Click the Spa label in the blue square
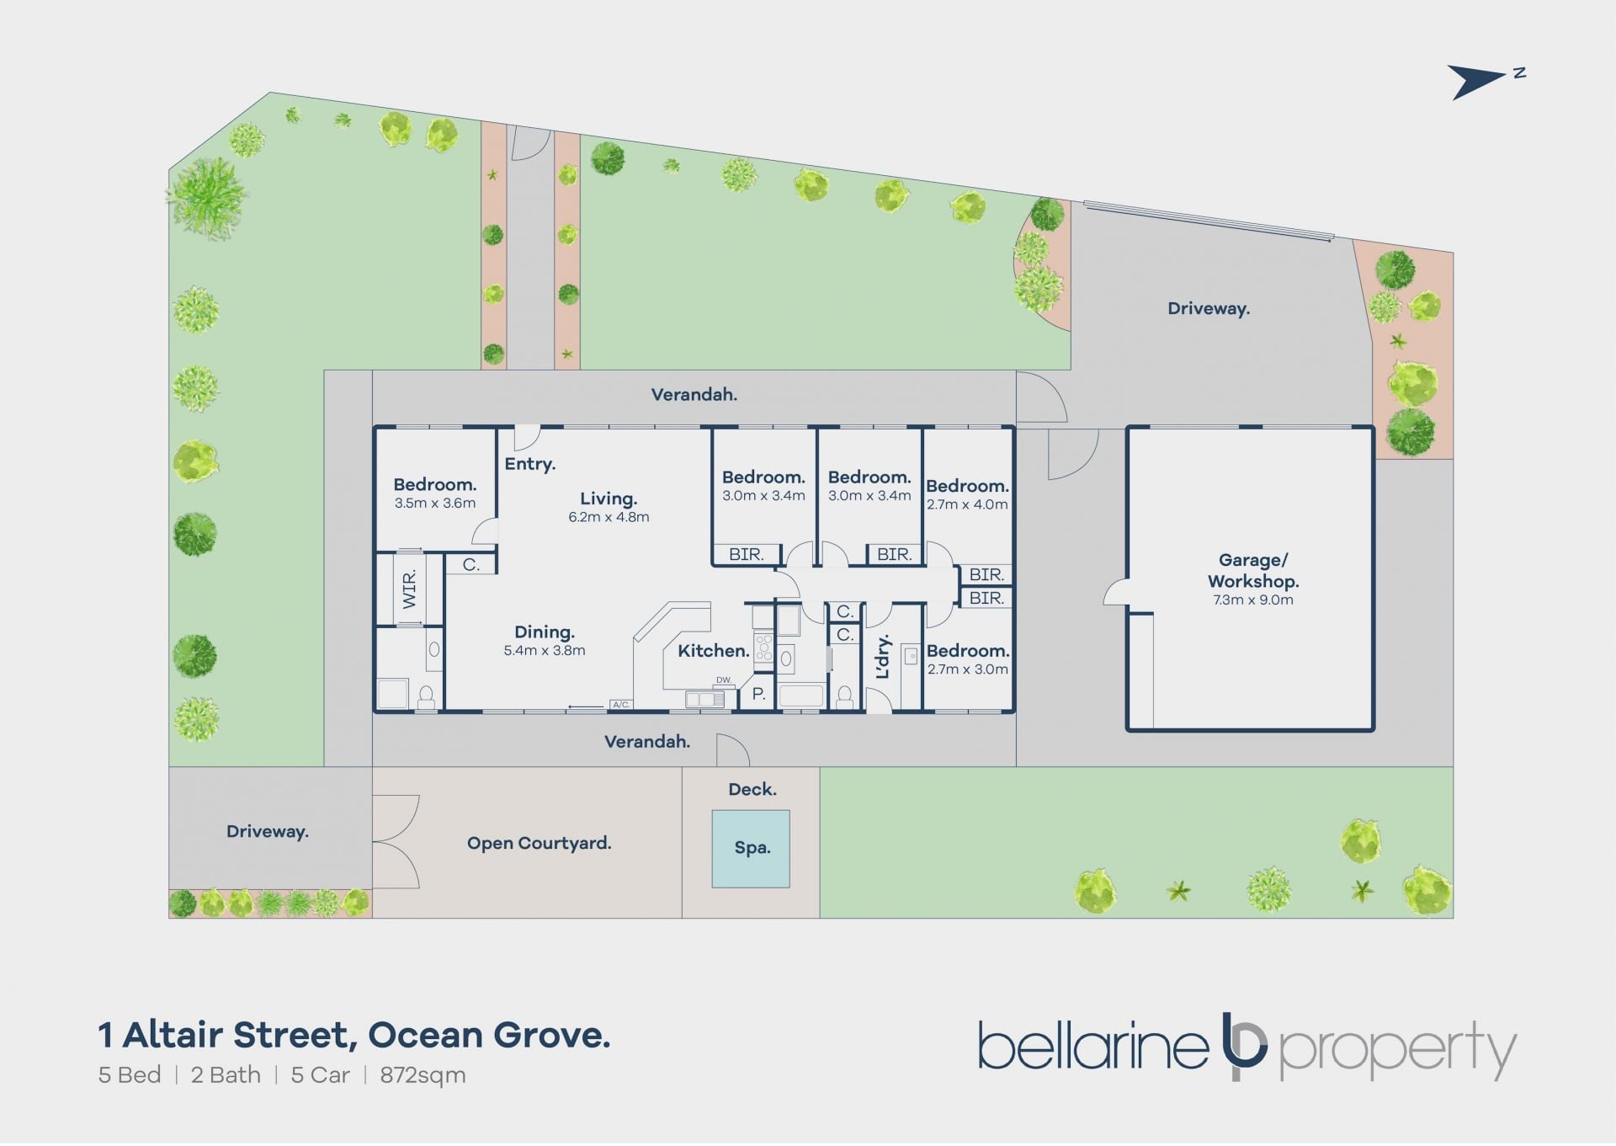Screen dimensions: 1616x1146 coord(752,848)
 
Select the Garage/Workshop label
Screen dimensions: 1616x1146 coord(1253,570)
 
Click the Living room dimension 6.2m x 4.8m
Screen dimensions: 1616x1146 coord(609,517)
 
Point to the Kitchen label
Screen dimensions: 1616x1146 coord(713,650)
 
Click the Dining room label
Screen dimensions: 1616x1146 coord(545,632)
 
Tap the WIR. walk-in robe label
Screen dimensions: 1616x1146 coord(409,589)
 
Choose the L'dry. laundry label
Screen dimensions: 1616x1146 coord(882,657)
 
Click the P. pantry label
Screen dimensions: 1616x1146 coord(758,694)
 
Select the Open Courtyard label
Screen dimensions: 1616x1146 coord(539,843)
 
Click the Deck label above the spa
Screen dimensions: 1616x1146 coord(752,789)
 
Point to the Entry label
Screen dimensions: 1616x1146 coord(529,464)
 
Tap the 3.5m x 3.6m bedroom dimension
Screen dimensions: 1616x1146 coord(435,503)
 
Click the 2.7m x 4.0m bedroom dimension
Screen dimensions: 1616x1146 coord(967,504)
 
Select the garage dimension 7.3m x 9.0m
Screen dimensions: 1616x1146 coord(1253,600)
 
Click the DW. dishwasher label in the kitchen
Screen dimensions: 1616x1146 coord(724,680)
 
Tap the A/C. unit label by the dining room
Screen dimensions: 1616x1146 coord(621,704)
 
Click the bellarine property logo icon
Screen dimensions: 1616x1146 coord(1244,1046)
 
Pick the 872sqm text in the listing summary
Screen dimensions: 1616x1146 coord(423,1075)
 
